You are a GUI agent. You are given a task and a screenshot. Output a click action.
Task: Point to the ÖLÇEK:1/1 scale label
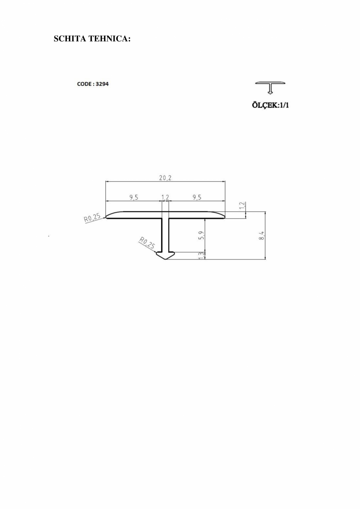coord(270,105)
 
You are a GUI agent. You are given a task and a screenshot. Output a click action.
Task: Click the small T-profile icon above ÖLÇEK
coord(270,87)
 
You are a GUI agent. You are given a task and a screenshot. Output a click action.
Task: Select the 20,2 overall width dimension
coord(165,178)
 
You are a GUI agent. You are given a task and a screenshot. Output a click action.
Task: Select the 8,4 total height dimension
coord(262,236)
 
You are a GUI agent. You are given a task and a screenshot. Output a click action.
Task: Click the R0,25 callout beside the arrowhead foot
coord(147,244)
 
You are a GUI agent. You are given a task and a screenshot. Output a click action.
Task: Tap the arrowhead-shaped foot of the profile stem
coord(165,255)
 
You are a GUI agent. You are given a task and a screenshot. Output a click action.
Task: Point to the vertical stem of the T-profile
coord(165,235)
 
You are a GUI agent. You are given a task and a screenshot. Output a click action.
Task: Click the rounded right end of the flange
coord(222,215)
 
